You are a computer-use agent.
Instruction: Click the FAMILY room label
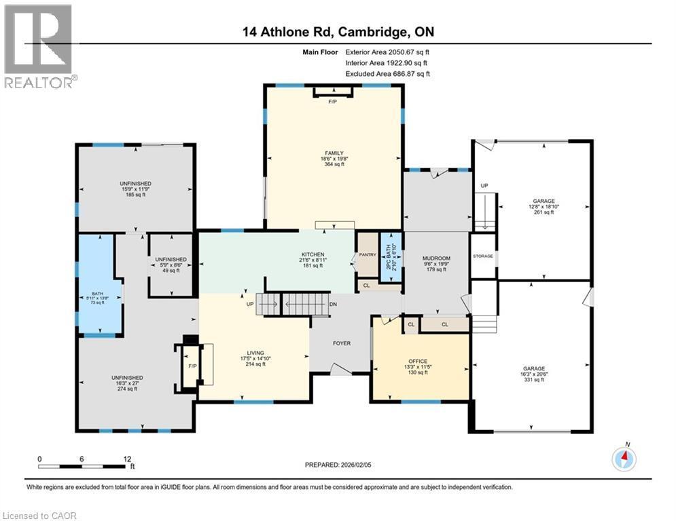tap(333, 153)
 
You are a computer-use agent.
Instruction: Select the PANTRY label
tap(368, 254)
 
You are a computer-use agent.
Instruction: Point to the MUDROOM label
tap(436, 258)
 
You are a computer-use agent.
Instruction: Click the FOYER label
tap(342, 343)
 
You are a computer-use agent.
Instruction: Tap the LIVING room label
tap(255, 353)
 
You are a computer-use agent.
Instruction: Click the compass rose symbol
tap(624, 459)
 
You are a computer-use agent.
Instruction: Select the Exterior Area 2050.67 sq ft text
tap(387, 52)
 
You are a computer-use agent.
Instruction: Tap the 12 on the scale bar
tap(126, 459)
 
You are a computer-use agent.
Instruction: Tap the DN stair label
tap(333, 304)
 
